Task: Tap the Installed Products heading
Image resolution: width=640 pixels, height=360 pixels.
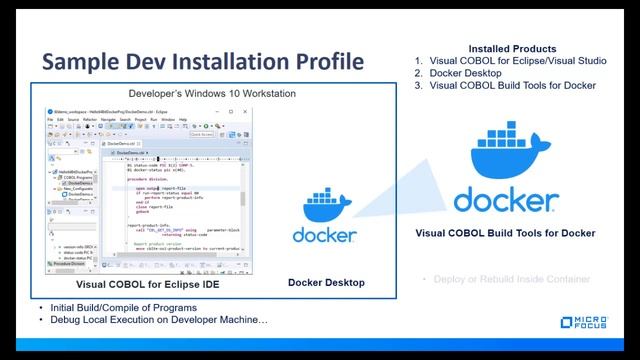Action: (x=512, y=48)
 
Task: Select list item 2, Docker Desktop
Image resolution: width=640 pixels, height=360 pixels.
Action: (x=471, y=73)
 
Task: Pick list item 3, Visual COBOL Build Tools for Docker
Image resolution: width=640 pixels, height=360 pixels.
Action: (x=513, y=86)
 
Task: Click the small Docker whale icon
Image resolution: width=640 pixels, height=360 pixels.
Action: (x=326, y=206)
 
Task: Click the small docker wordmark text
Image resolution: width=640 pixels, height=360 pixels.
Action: (x=326, y=235)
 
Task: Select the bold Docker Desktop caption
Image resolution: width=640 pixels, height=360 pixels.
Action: (x=326, y=283)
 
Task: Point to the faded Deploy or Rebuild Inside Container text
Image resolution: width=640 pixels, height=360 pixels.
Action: (x=511, y=279)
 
